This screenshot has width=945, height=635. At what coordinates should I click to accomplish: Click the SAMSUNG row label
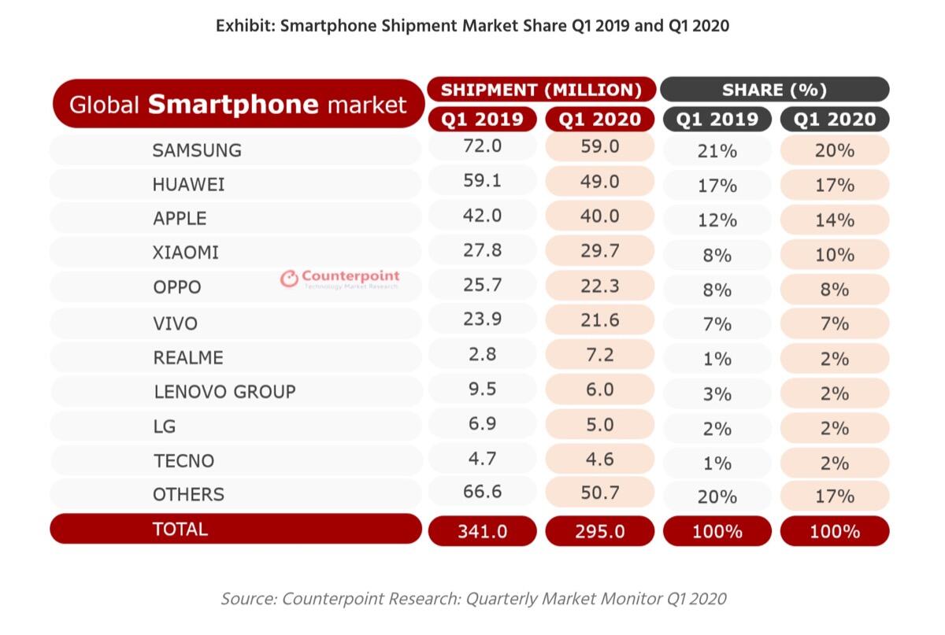pyautogui.click(x=197, y=150)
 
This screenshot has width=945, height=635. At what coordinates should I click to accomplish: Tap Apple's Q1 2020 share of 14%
pyautogui.click(x=835, y=220)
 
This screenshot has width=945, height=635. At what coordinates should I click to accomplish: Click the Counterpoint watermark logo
pyautogui.click(x=340, y=278)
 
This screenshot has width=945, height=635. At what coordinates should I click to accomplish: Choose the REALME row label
pyautogui.click(x=188, y=358)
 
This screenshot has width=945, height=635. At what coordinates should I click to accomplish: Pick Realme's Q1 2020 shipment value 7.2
pyautogui.click(x=599, y=354)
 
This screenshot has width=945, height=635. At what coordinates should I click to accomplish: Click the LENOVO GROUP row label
pyautogui.click(x=224, y=392)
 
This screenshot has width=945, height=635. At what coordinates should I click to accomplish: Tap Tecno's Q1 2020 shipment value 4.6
pyautogui.click(x=599, y=460)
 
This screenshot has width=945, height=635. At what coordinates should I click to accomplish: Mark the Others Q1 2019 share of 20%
pyautogui.click(x=717, y=497)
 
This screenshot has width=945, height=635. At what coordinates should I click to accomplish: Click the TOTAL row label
pyautogui.click(x=180, y=529)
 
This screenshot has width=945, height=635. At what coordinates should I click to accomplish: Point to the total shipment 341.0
pyautogui.click(x=482, y=532)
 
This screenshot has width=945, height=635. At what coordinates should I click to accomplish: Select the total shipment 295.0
pyautogui.click(x=599, y=532)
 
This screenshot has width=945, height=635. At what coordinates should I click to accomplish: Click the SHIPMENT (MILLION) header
pyautogui.click(x=541, y=90)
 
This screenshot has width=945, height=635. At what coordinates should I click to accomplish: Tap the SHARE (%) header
pyautogui.click(x=774, y=90)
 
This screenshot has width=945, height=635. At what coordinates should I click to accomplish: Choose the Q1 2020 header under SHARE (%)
pyautogui.click(x=835, y=120)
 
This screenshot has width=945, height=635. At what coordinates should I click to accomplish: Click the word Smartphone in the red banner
pyautogui.click(x=232, y=105)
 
